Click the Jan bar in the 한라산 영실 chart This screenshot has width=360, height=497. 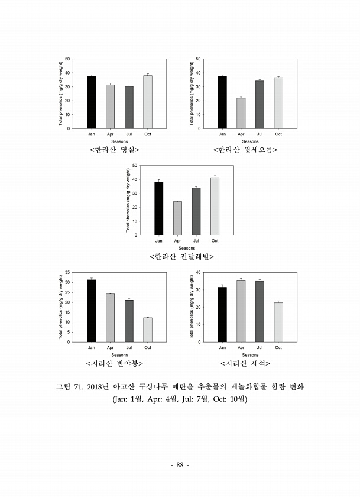[x=92, y=102]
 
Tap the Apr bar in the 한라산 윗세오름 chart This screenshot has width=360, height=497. [x=241, y=113]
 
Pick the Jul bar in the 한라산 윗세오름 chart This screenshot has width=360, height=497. [x=260, y=105]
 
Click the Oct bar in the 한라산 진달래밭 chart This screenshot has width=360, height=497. [x=215, y=206]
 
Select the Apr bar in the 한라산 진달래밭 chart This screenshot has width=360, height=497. [x=177, y=218]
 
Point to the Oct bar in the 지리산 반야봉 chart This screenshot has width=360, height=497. [x=147, y=330]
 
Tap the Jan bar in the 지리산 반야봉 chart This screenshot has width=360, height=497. [x=92, y=311]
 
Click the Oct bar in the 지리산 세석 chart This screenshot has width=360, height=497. [x=278, y=322]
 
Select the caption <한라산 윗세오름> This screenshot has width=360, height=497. [x=245, y=150]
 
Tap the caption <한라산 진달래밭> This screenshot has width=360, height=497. [x=181, y=257]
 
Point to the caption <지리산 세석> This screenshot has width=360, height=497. [x=245, y=363]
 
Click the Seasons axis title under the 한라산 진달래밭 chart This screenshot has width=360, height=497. [x=187, y=248]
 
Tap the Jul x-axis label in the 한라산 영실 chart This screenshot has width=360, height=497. [x=129, y=134]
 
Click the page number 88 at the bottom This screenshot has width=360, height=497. [x=180, y=465]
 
